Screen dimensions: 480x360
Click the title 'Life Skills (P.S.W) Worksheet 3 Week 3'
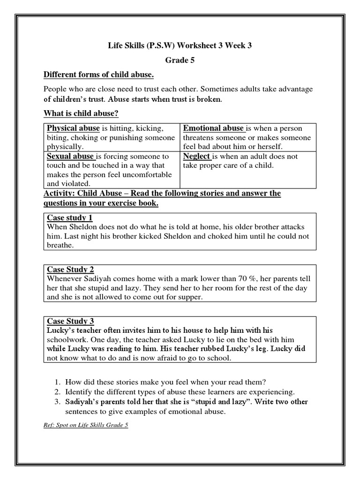click(x=180, y=45)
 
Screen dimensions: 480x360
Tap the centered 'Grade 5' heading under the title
click(x=180, y=60)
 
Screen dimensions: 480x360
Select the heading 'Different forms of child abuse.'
click(x=98, y=75)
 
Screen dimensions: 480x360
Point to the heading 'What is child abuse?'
click(x=80, y=113)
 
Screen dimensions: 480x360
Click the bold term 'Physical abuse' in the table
click(x=73, y=128)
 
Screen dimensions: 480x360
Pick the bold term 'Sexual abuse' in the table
click(x=69, y=156)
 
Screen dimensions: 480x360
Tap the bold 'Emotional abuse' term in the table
click(x=213, y=128)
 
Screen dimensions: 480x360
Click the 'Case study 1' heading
click(x=70, y=217)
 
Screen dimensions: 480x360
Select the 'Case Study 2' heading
click(x=71, y=269)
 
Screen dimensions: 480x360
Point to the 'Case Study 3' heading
click(x=71, y=321)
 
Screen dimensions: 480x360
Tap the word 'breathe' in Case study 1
click(x=60, y=245)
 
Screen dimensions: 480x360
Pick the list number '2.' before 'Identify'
click(x=58, y=392)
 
